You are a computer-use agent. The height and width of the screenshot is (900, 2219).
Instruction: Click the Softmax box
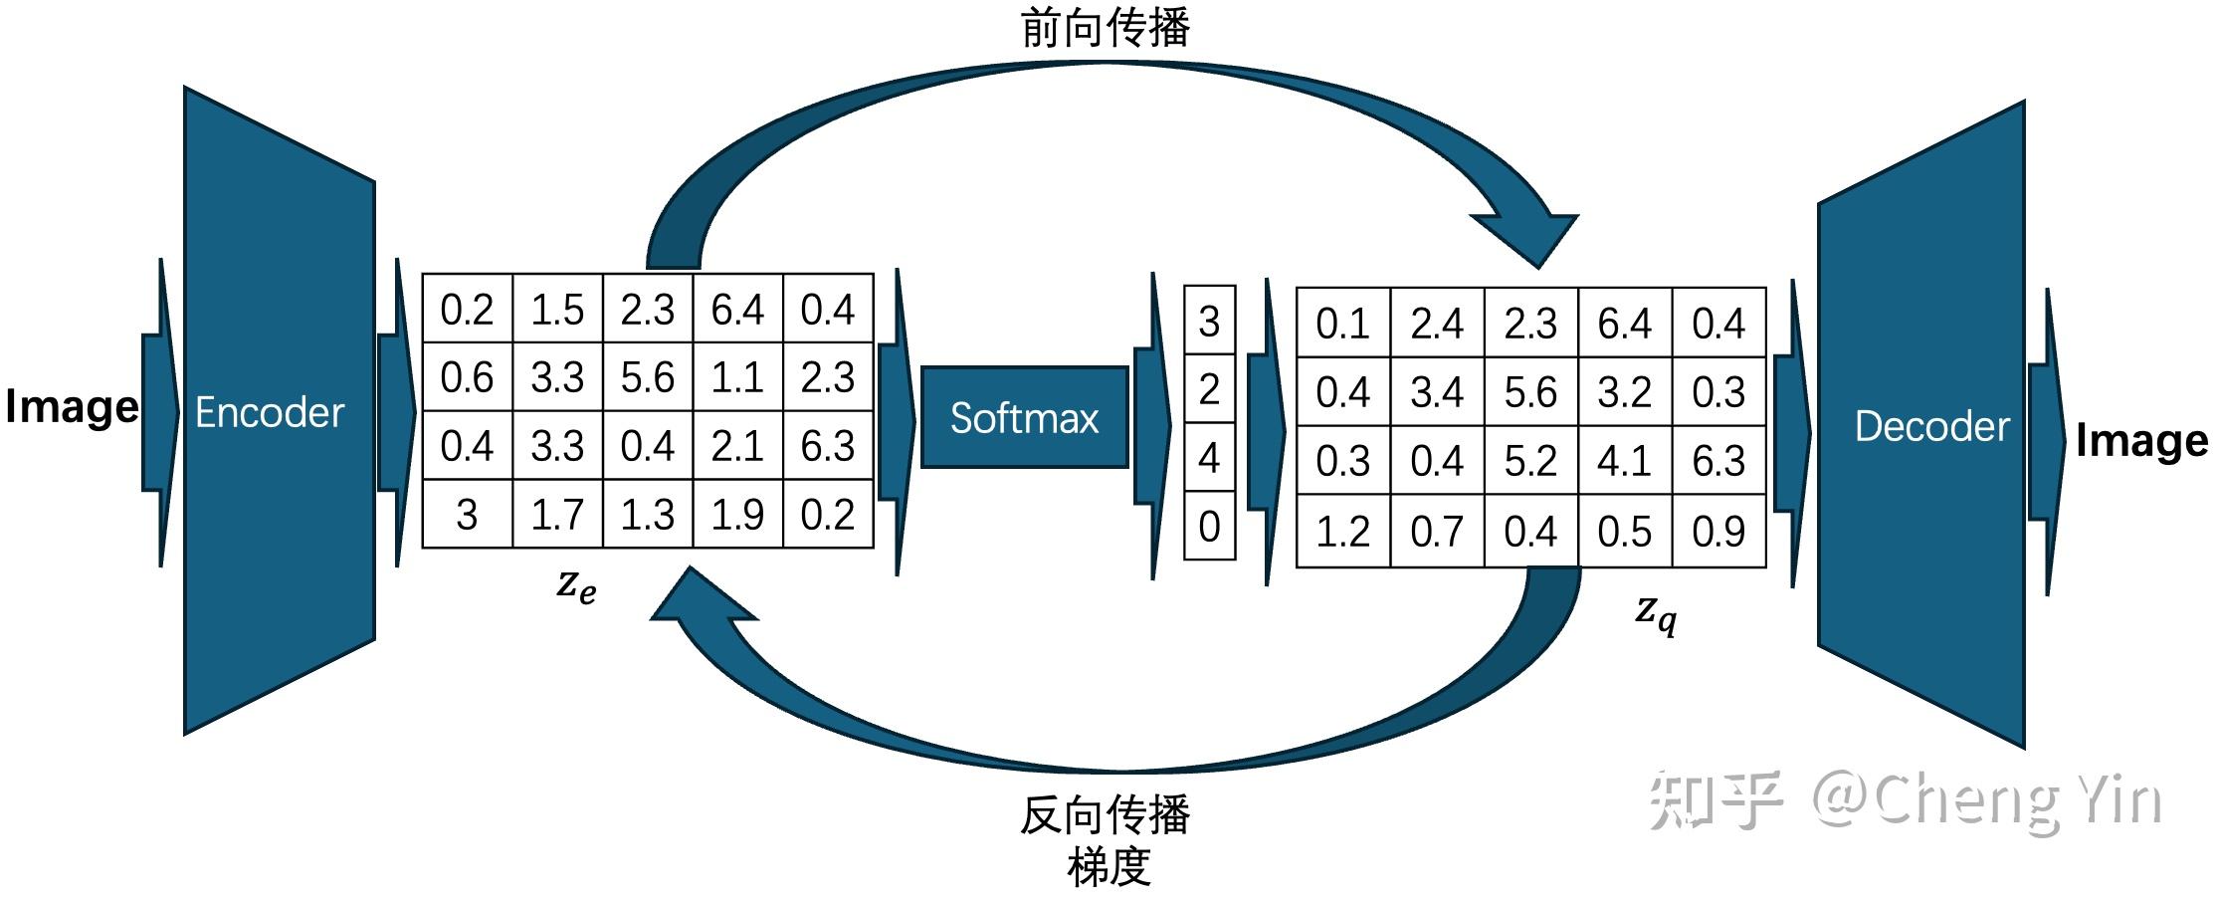[x=1024, y=417]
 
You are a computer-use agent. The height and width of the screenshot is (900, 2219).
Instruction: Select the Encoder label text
[x=270, y=412]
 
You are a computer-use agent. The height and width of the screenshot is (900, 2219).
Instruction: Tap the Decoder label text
[x=1931, y=426]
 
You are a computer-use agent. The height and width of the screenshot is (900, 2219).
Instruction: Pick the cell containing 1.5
[x=557, y=310]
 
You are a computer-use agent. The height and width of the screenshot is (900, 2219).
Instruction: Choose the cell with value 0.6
[x=467, y=377]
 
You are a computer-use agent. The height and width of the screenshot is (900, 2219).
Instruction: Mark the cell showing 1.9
[x=737, y=514]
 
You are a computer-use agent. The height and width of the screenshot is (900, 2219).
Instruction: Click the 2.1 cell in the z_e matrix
[x=737, y=446]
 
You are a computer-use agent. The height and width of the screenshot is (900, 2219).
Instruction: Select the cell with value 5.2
[x=1530, y=461]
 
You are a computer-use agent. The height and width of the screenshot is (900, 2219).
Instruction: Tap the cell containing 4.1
[x=1624, y=461]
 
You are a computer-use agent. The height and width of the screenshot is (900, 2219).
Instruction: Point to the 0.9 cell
[x=1718, y=531]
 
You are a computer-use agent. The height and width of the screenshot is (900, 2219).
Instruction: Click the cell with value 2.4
[x=1436, y=324]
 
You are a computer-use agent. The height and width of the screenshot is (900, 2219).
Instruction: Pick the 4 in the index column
[x=1209, y=457]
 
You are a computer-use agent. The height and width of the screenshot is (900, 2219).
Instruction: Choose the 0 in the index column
[x=1209, y=526]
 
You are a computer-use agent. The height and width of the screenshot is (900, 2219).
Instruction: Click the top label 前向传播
[x=1106, y=28]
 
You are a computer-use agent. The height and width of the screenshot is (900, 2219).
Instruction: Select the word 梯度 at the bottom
[x=1109, y=866]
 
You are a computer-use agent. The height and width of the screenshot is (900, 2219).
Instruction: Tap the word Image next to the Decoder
[x=2141, y=440]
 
